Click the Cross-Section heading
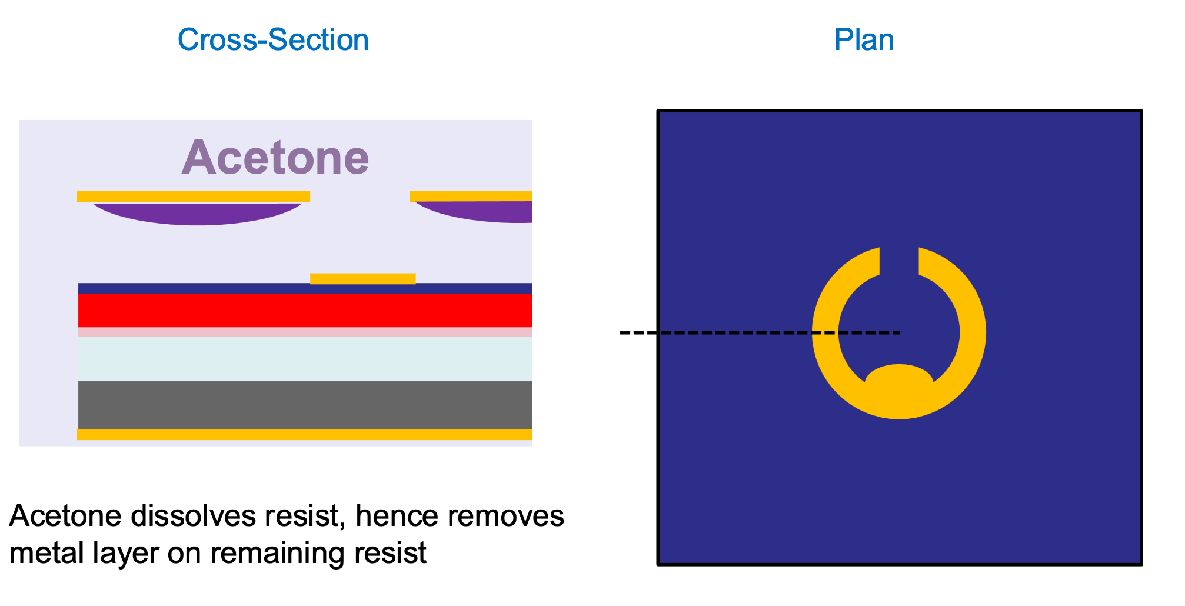point(273,40)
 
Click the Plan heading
point(864,40)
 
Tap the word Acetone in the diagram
point(275,158)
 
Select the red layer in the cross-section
point(305,310)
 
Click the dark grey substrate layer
point(305,405)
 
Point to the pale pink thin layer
point(305,332)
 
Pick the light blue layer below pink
point(305,359)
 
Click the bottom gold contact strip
point(305,435)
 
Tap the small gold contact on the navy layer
point(362,278)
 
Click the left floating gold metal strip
point(193,197)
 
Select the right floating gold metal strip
point(471,196)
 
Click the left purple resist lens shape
point(198,214)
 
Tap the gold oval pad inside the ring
point(899,382)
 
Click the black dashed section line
point(735,333)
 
